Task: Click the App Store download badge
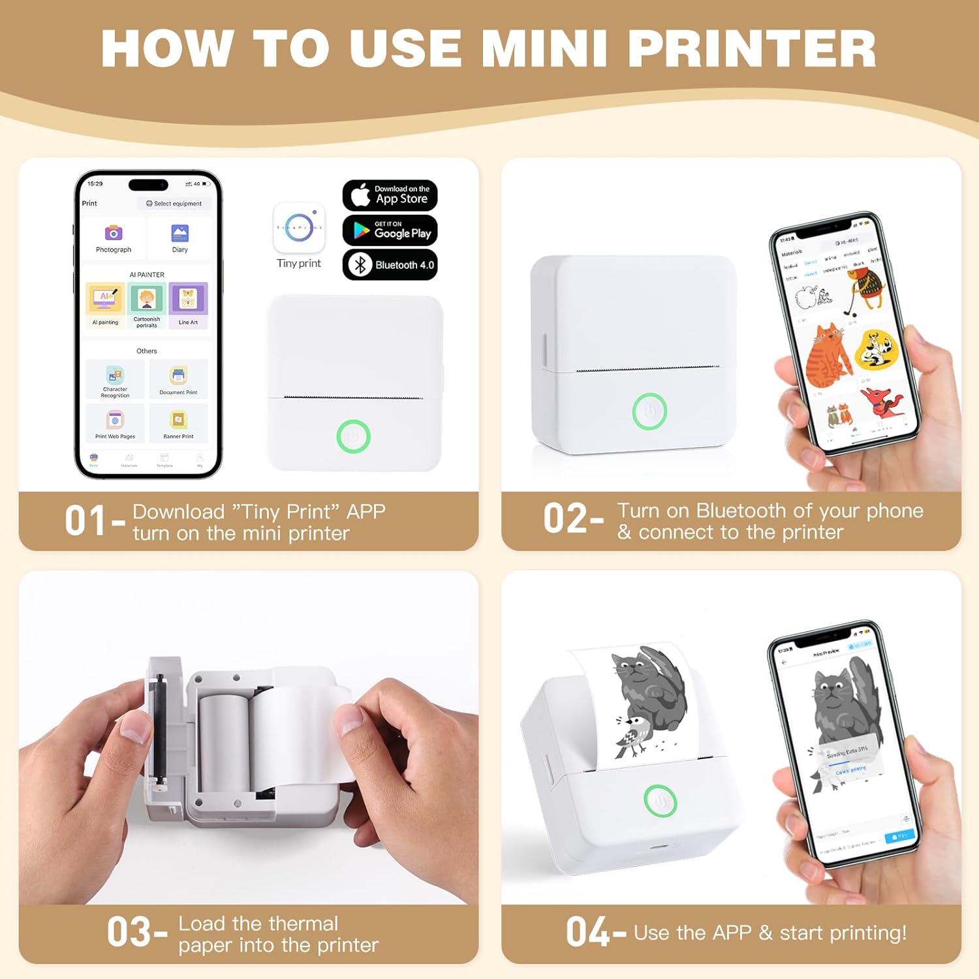tap(390, 195)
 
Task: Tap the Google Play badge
tap(390, 230)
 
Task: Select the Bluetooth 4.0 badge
tap(390, 264)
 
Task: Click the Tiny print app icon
tap(299, 228)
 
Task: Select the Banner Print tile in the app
tap(178, 423)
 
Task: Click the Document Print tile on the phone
tap(178, 379)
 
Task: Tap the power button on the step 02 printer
tap(649, 411)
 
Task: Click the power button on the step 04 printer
tap(660, 801)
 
